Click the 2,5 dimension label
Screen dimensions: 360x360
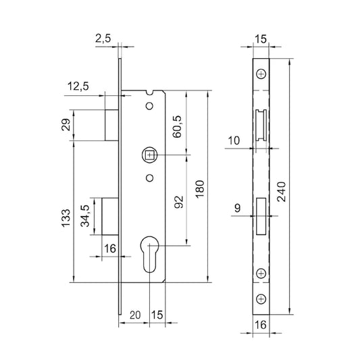point(103,38)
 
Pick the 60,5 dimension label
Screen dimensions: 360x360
point(178,126)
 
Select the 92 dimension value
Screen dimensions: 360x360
point(179,203)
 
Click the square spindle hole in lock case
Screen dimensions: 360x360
point(149,156)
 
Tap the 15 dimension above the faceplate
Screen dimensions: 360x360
point(261,38)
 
